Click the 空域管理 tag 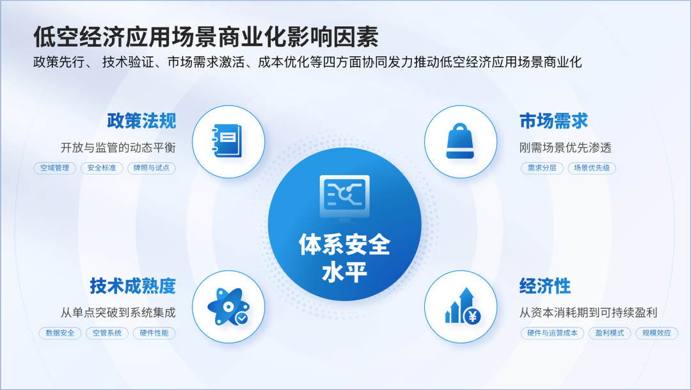coord(54,168)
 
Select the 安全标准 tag coord(102,168)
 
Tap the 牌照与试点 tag coord(151,168)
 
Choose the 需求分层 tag coord(542,168)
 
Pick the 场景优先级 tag coord(592,168)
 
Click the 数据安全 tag coord(60,333)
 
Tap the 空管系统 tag coord(107,333)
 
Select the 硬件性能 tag coord(154,333)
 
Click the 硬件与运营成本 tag coord(552,333)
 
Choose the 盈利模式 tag coord(610,333)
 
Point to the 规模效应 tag coord(656,333)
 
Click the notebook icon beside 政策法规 coord(227,141)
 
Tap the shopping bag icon coord(460,141)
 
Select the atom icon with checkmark coord(228,307)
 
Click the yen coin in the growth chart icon coord(472,316)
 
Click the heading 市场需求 coord(553,121)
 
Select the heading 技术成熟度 coord(132,286)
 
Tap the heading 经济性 coord(545,286)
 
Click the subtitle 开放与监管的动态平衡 coord(118,148)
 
